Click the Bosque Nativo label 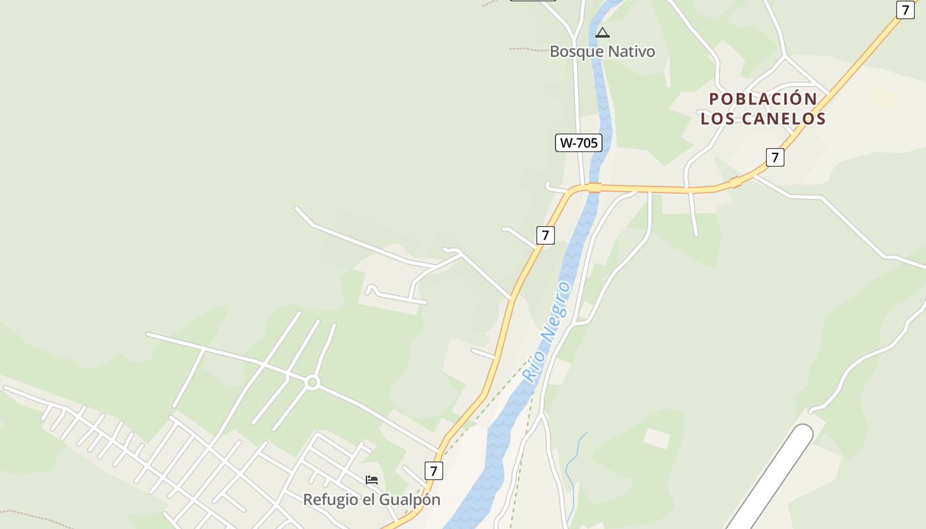[602, 52]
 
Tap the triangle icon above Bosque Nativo [602, 32]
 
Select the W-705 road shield [578, 142]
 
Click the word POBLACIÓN [763, 99]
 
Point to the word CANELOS [784, 119]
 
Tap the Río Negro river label [546, 332]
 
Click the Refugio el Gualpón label [371, 499]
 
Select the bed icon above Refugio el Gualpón [372, 480]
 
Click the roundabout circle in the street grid [312, 382]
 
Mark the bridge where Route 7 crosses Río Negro [594, 188]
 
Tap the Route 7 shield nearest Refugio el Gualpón [433, 471]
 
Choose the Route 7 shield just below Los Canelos [775, 157]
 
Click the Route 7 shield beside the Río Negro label [545, 235]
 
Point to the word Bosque [576, 52]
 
